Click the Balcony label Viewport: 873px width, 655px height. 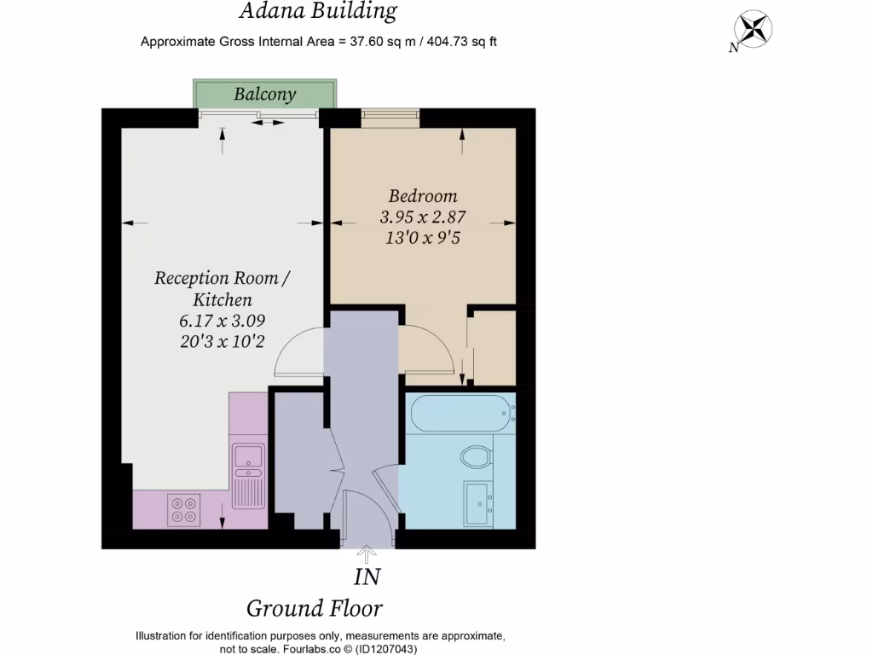click(265, 94)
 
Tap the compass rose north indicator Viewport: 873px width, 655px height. click(754, 30)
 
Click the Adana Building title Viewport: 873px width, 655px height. click(318, 11)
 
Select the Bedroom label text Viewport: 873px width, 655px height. click(423, 195)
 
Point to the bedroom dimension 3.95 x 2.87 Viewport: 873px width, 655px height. click(423, 217)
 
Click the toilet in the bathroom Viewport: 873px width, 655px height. click(476, 456)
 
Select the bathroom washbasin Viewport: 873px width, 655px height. click(477, 502)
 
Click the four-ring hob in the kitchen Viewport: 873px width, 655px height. click(183, 509)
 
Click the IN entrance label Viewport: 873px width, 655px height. click(367, 577)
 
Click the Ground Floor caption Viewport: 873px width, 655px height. click(315, 608)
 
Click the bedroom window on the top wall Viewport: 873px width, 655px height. click(390, 119)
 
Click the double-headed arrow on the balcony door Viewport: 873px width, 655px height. click(268, 123)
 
